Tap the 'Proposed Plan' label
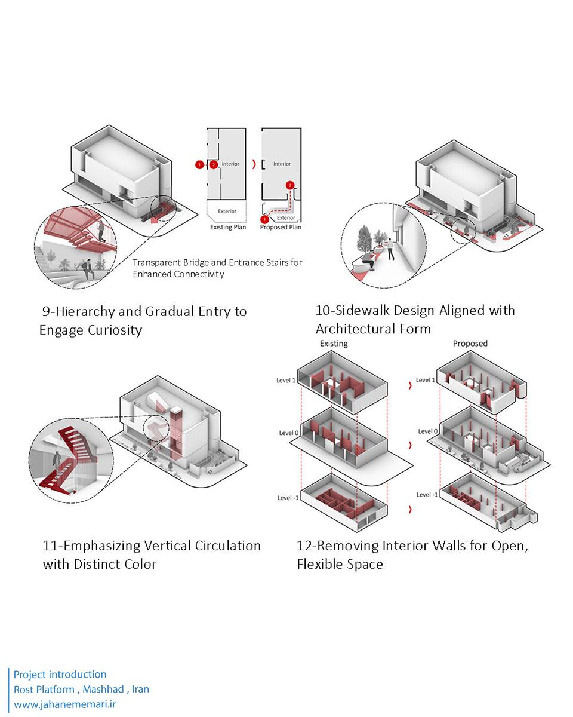click(x=281, y=228)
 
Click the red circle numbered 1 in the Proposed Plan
click(x=264, y=220)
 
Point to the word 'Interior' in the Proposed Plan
click(x=282, y=164)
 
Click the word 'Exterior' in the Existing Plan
click(x=227, y=211)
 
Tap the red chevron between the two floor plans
click(x=255, y=164)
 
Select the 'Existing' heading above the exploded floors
click(x=334, y=344)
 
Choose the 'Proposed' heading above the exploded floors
click(x=470, y=344)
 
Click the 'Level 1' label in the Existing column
click(x=286, y=380)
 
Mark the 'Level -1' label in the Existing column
click(x=288, y=498)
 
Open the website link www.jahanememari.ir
click(x=64, y=704)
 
